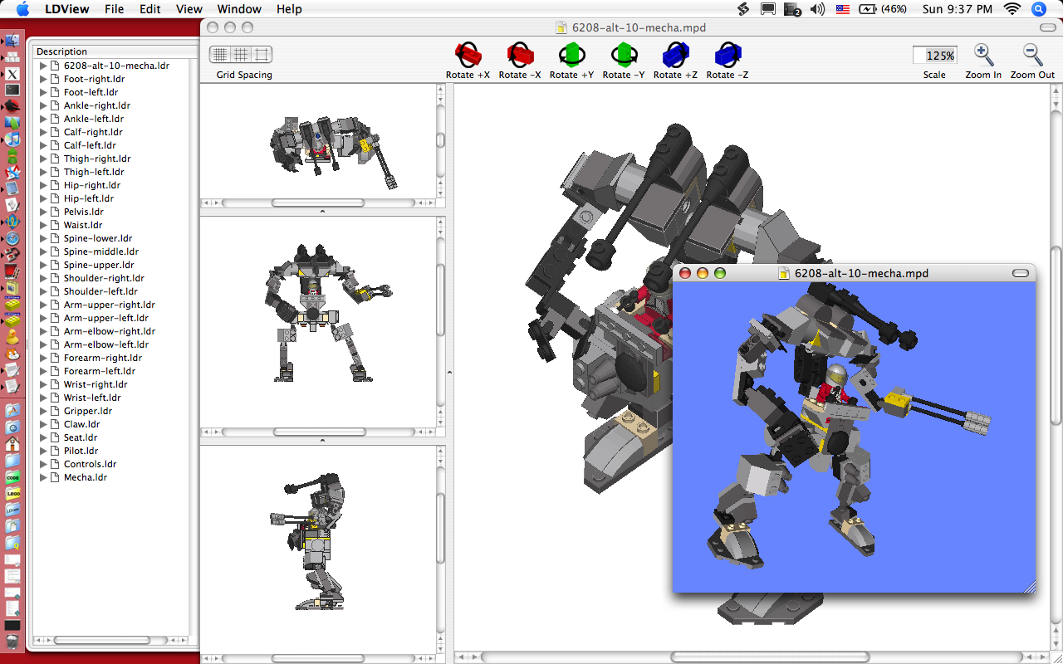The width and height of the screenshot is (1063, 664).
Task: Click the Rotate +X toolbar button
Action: click(468, 56)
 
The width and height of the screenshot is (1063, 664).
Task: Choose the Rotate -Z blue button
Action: click(727, 56)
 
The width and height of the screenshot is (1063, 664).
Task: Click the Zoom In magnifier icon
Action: click(983, 56)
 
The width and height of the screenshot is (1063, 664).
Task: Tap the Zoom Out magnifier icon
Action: click(1032, 56)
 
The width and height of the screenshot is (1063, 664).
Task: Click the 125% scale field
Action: click(934, 56)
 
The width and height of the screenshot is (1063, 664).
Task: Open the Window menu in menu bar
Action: click(239, 9)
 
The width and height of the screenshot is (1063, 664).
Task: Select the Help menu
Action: click(289, 9)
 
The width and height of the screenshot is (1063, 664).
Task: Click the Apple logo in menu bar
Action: click(22, 9)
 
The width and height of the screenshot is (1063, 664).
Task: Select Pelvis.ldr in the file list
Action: click(83, 212)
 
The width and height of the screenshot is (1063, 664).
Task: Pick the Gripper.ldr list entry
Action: click(87, 411)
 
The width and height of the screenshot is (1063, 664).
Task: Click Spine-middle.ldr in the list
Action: click(100, 251)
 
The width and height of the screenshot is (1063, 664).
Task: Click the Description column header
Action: click(62, 51)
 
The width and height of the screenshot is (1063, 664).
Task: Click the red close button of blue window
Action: click(685, 273)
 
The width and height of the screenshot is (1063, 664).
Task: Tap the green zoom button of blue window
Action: click(720, 273)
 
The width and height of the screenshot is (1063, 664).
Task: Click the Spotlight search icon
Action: click(1038, 9)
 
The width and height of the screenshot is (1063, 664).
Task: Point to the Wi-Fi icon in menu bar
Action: click(1012, 9)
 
